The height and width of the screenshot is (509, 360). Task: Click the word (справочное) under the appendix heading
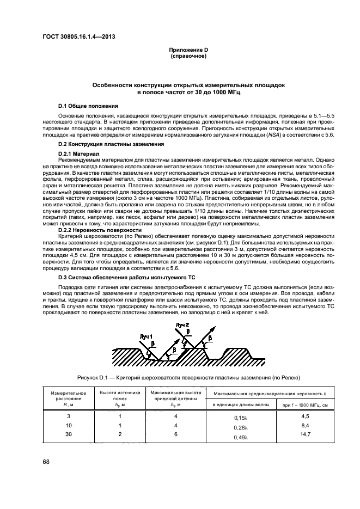click(x=188, y=56)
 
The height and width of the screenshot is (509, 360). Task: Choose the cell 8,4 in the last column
click(x=305, y=425)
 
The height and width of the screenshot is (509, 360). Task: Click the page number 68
click(x=47, y=462)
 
